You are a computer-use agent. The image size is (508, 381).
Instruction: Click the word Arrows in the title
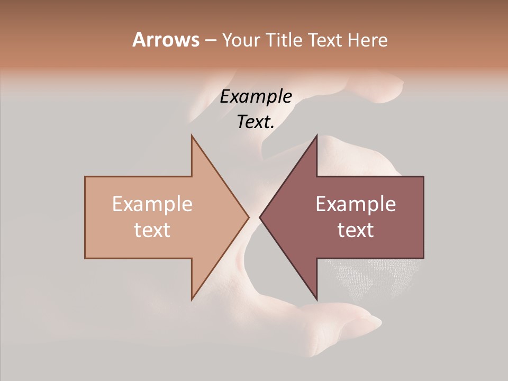click(x=166, y=40)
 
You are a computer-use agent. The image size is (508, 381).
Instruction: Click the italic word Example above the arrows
click(x=256, y=97)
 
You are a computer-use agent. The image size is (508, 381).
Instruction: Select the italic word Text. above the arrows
click(x=256, y=122)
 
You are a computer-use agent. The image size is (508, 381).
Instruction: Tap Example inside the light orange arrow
click(x=152, y=204)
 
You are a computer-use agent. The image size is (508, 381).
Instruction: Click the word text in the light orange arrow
click(x=152, y=230)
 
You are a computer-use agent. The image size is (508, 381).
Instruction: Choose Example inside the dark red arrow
click(x=356, y=204)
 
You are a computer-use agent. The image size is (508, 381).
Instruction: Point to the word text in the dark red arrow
click(x=356, y=230)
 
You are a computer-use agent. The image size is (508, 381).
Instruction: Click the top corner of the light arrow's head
click(x=192, y=135)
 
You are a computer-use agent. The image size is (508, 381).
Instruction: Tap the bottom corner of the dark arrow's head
click(x=316, y=299)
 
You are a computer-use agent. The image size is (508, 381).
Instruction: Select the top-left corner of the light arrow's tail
click(x=85, y=177)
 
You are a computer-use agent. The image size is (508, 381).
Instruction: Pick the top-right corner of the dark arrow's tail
click(x=423, y=177)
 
